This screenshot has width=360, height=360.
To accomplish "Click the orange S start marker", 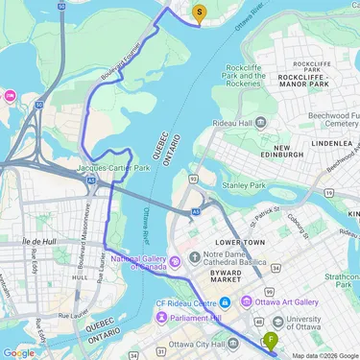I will tap(200, 12).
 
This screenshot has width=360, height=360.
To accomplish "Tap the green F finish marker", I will tap(272, 340).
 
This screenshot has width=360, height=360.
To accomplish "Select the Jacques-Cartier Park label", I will tap(114, 168).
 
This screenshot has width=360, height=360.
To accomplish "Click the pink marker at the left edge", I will tap(9, 95).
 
